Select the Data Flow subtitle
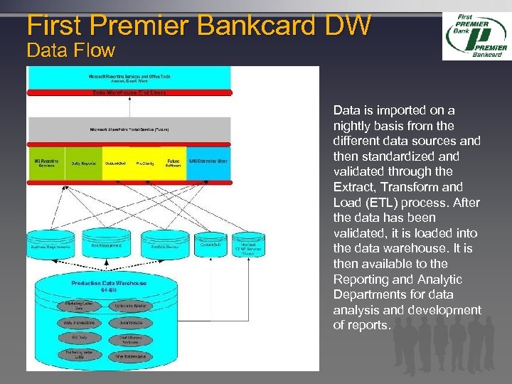click(x=70, y=51)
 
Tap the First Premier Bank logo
click(x=476, y=36)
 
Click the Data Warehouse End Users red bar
click(x=129, y=92)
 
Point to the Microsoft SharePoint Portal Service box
click(x=129, y=130)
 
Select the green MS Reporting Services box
click(x=46, y=164)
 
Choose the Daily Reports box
click(x=83, y=164)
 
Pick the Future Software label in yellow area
click(x=173, y=163)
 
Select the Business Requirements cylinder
click(x=50, y=247)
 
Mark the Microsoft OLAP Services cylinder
click(x=252, y=247)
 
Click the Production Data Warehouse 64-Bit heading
click(x=109, y=286)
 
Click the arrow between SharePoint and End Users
click(x=129, y=107)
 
